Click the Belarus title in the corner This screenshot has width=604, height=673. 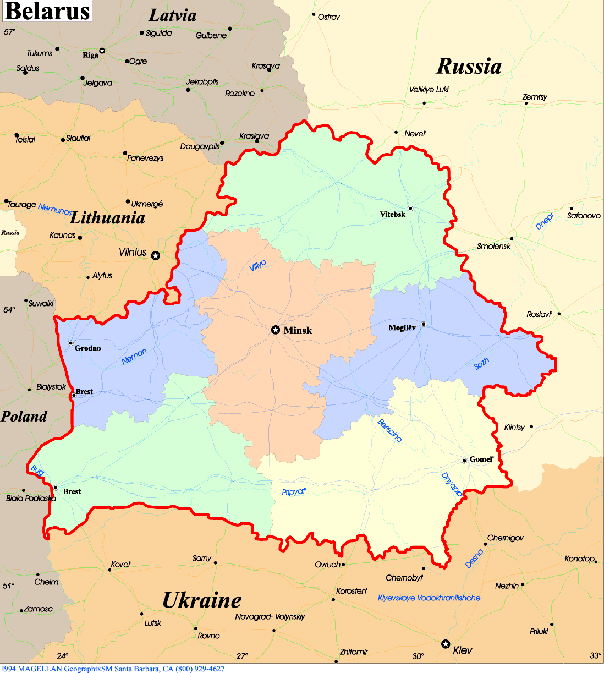pyautogui.click(x=47, y=11)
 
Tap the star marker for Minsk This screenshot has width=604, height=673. pyautogui.click(x=276, y=330)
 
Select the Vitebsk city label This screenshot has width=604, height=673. pyautogui.click(x=392, y=214)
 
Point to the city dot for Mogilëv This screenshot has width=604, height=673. pyautogui.click(x=424, y=324)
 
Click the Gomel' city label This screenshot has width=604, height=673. pyautogui.click(x=482, y=459)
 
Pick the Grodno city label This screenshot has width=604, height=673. pyautogui.click(x=88, y=348)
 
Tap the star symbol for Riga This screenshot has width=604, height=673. pyautogui.click(x=102, y=51)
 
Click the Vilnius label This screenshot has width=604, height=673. pyautogui.click(x=133, y=253)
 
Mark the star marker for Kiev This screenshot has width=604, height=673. pyautogui.click(x=446, y=644)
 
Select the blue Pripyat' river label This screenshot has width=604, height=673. pyautogui.click(x=294, y=491)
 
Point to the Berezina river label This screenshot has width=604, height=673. pyautogui.click(x=389, y=430)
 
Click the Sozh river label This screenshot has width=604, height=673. pyautogui.click(x=481, y=364)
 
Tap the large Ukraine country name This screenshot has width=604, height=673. pyautogui.click(x=202, y=600)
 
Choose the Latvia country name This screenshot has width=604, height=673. pyautogui.click(x=173, y=15)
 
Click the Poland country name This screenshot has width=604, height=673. pyautogui.click(x=24, y=416)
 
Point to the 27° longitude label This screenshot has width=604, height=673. pyautogui.click(x=242, y=656)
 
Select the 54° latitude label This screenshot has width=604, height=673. pyautogui.click(x=9, y=310)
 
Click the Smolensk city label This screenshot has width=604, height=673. pyautogui.click(x=493, y=247)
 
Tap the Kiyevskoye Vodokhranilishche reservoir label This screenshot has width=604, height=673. pyautogui.click(x=429, y=598)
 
